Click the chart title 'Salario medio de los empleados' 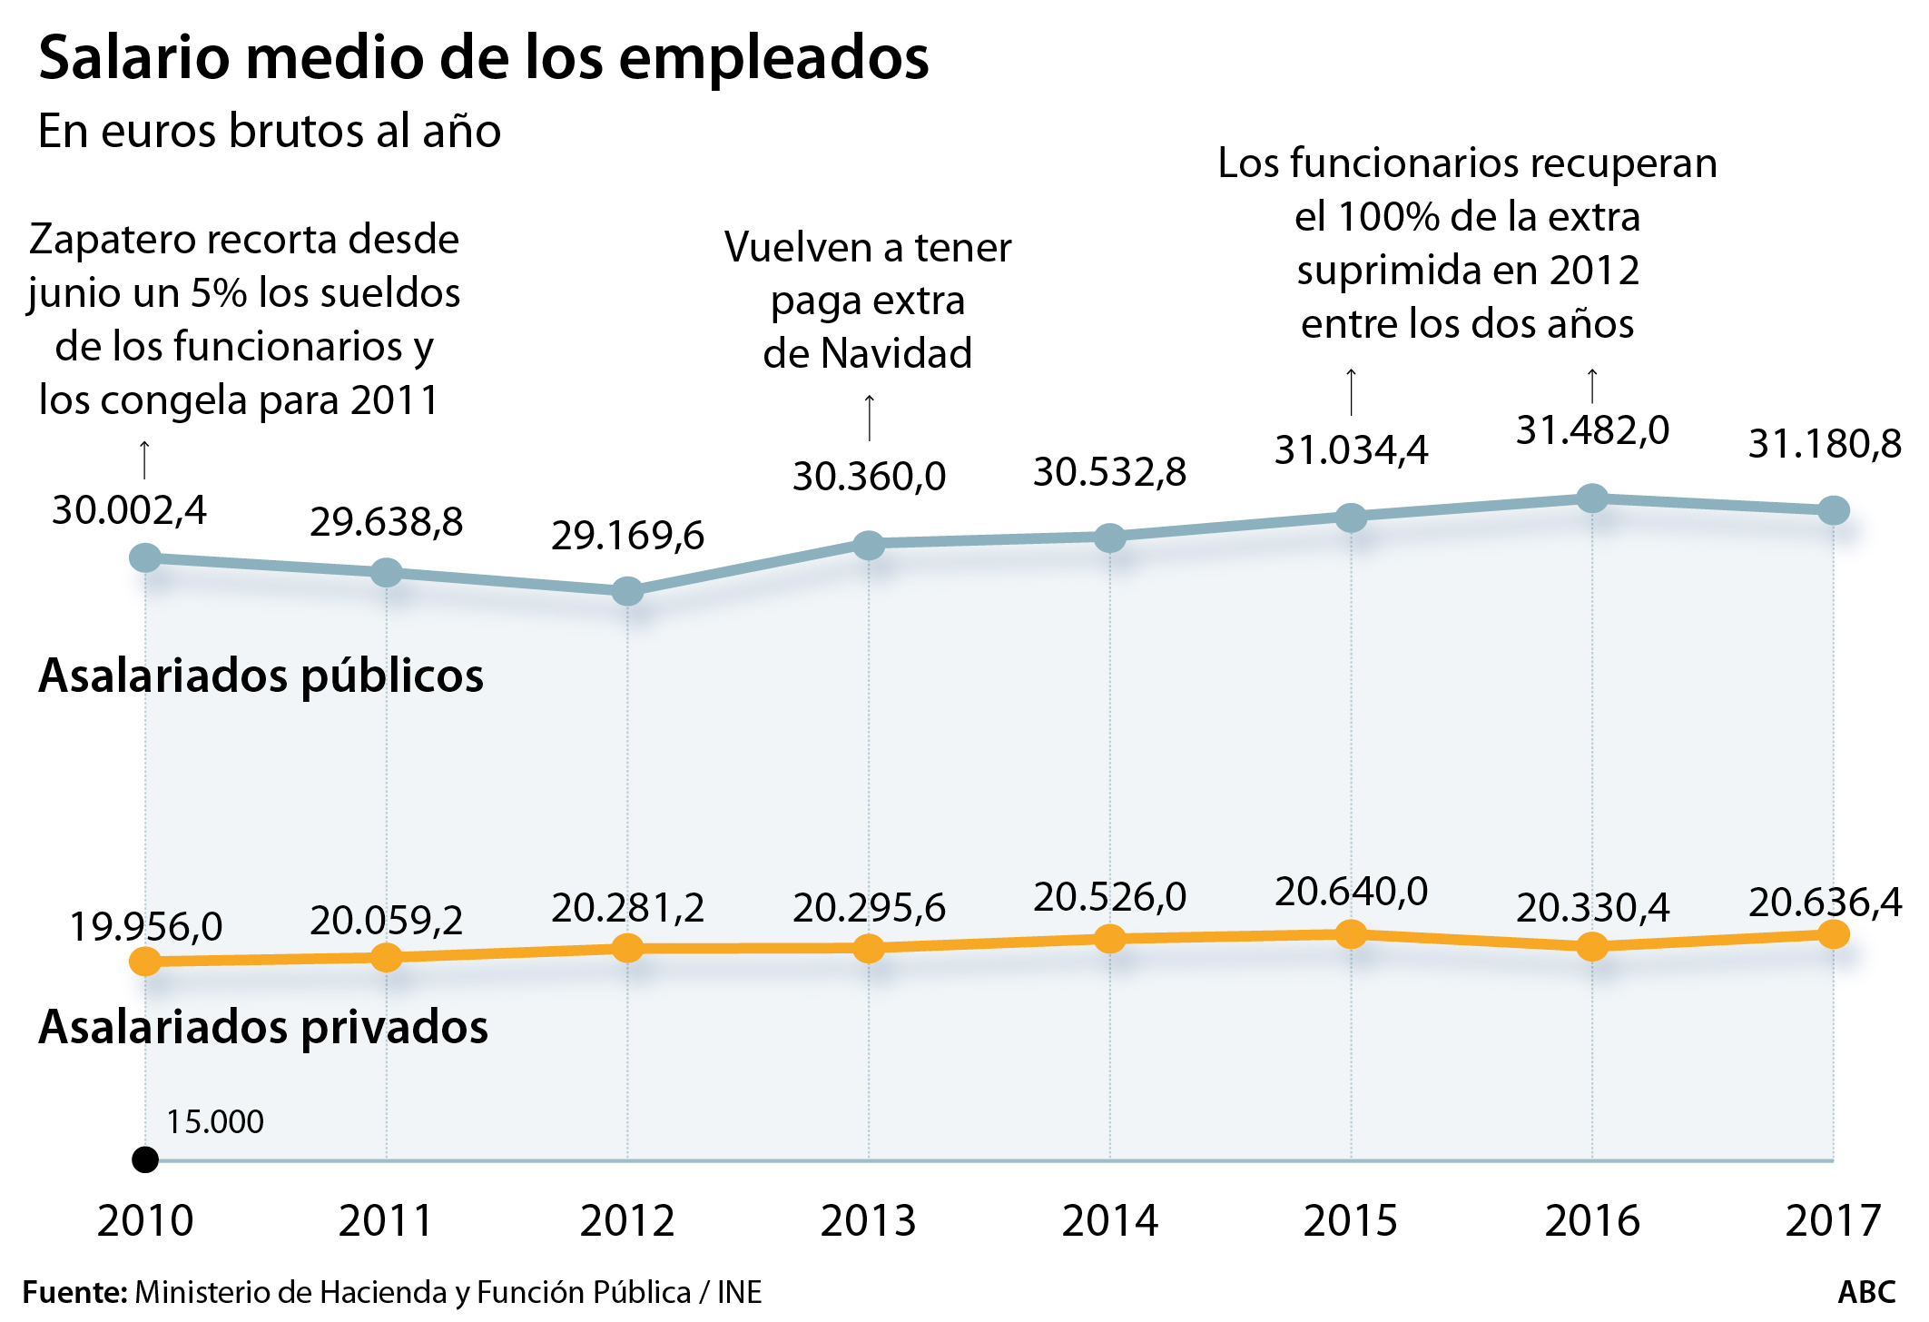pyautogui.click(x=484, y=58)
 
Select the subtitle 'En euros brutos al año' pyautogui.click(x=270, y=131)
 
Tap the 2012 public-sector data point pyautogui.click(x=627, y=591)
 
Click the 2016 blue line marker pyautogui.click(x=1592, y=498)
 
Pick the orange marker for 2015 pyautogui.click(x=1351, y=933)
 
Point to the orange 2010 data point pyautogui.click(x=145, y=961)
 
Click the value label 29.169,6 pyautogui.click(x=627, y=536)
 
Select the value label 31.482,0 pyautogui.click(x=1592, y=430)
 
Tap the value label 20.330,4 pyautogui.click(x=1592, y=907)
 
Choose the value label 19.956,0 pyautogui.click(x=146, y=926)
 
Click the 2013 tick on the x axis pyautogui.click(x=869, y=1220)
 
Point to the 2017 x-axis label pyautogui.click(x=1833, y=1220)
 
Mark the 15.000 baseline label pyautogui.click(x=215, y=1122)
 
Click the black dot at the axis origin pyautogui.click(x=145, y=1159)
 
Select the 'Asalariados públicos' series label pyautogui.click(x=261, y=676)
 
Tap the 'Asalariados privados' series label pyautogui.click(x=263, y=1027)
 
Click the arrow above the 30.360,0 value pyautogui.click(x=870, y=418)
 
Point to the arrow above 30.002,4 pyautogui.click(x=144, y=459)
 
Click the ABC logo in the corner pyautogui.click(x=1866, y=1292)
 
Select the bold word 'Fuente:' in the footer pyautogui.click(x=74, y=1292)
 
